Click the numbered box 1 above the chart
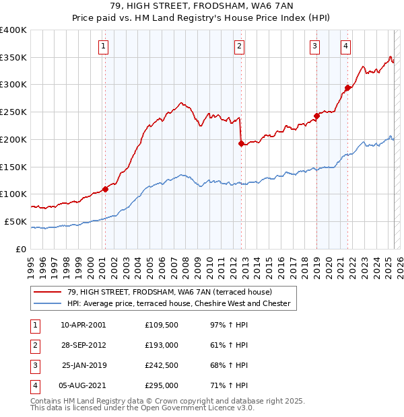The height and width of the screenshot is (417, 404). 104,46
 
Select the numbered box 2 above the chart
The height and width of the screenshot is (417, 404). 240,46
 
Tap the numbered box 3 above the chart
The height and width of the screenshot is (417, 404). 315,46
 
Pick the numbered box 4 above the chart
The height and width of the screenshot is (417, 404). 345,46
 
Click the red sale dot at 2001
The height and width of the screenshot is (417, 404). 105,189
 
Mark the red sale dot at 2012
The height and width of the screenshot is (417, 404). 241,143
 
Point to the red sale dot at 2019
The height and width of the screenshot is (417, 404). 316,116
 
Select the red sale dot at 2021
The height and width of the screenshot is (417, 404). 347,87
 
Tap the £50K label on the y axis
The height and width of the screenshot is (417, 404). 15,221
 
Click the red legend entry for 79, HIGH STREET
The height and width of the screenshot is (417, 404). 169,292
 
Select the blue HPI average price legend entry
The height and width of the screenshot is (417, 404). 178,303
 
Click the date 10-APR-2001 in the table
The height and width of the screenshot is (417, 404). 83,325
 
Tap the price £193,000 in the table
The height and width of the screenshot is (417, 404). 162,345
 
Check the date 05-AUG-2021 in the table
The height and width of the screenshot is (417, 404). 83,385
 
